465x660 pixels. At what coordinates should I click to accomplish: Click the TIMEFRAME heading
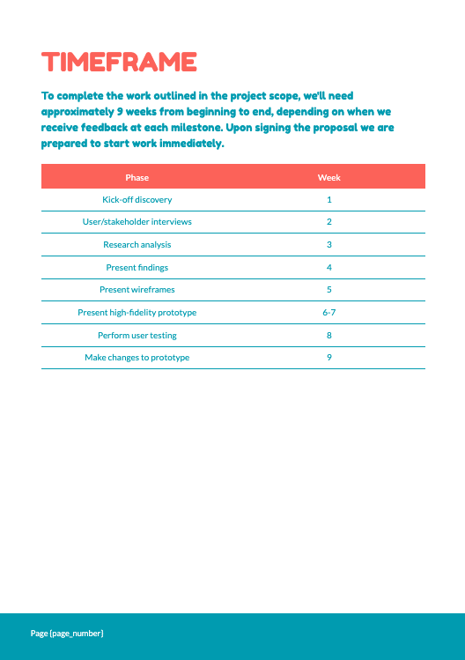pos(119,63)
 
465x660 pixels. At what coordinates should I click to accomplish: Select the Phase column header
pos(137,177)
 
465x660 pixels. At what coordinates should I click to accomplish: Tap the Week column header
pos(328,177)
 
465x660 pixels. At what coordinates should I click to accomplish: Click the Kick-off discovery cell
pos(137,199)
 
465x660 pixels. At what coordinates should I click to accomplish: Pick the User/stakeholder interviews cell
pos(137,222)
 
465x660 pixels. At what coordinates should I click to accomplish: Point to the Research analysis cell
pos(137,244)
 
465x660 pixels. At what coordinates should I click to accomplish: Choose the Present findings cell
pos(137,267)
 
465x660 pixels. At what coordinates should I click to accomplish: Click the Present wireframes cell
pos(137,290)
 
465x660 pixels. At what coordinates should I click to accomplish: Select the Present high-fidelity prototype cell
pos(137,312)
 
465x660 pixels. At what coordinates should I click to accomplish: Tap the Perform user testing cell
pos(137,335)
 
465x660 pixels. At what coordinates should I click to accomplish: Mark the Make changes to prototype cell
pos(137,358)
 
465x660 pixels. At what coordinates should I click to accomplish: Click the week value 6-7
pos(328,312)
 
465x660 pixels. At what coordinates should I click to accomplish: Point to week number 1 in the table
pos(328,199)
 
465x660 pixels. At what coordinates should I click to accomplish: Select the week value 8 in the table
pos(328,335)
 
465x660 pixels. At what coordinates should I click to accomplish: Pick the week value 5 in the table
pos(328,290)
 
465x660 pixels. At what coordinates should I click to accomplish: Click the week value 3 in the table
pos(328,244)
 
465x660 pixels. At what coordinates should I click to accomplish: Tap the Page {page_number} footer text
pos(67,633)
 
